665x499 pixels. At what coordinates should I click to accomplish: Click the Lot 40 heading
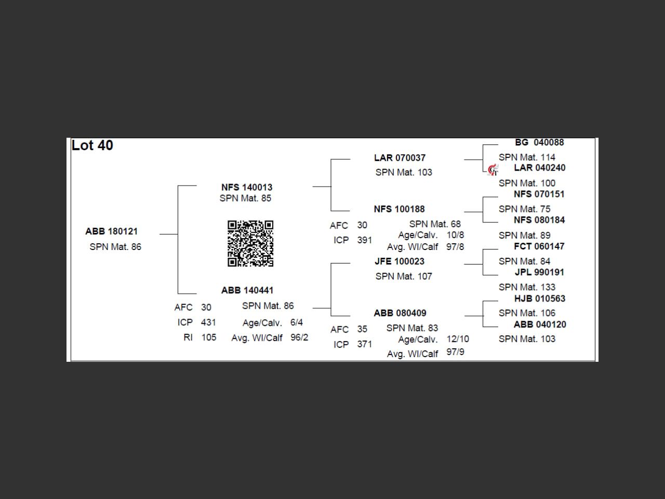(x=92, y=146)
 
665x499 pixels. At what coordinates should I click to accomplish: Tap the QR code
(x=250, y=244)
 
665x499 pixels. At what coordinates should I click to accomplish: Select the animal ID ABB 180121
(x=112, y=231)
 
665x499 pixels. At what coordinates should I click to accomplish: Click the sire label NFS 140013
(x=247, y=187)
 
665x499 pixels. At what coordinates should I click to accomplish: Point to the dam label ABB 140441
(x=247, y=290)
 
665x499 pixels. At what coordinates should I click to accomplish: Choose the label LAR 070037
(x=400, y=158)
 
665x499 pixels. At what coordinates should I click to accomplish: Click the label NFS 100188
(x=400, y=209)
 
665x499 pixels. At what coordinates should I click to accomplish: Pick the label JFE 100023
(x=400, y=261)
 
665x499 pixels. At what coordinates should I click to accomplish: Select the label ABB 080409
(x=400, y=313)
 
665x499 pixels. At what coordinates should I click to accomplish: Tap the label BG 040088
(x=539, y=142)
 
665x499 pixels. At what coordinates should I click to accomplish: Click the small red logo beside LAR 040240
(x=493, y=170)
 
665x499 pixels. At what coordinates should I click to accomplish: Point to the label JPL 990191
(x=539, y=272)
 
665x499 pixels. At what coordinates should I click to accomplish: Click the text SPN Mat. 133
(x=527, y=287)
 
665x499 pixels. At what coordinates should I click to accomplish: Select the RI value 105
(x=209, y=337)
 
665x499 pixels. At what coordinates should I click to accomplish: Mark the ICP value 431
(x=208, y=322)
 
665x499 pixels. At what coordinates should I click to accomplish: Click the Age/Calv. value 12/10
(x=458, y=339)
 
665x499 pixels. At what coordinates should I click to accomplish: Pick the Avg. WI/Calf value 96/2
(x=299, y=337)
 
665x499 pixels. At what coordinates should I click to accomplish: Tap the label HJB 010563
(x=540, y=299)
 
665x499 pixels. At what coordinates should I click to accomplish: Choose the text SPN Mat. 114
(x=527, y=157)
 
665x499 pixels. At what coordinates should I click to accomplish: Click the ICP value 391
(x=365, y=240)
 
